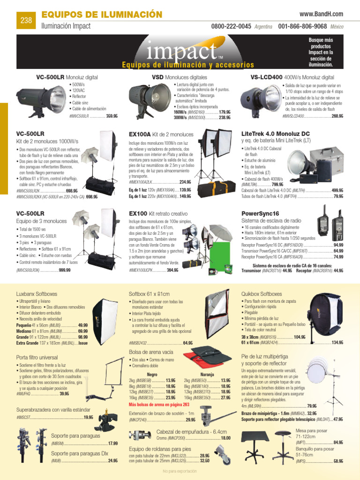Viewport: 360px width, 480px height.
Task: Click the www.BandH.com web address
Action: click(x=321, y=15)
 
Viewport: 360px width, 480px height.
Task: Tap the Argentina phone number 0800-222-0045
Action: click(x=231, y=27)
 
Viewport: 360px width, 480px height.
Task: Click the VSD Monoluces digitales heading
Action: click(x=179, y=77)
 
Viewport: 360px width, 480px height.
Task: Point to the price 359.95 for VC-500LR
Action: click(x=112, y=116)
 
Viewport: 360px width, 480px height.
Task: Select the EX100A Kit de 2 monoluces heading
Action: click(x=161, y=135)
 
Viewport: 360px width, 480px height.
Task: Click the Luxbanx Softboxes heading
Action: click(x=36, y=294)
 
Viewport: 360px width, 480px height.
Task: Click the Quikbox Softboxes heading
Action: click(x=262, y=294)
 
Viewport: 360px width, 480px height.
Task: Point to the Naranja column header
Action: click(x=207, y=375)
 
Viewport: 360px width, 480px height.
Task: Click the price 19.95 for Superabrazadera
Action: click(x=88, y=417)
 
